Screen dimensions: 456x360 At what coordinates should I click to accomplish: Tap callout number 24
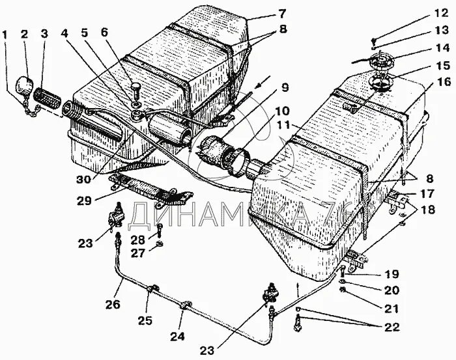tap(178, 337)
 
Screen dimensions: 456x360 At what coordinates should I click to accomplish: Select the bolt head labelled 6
tap(135, 86)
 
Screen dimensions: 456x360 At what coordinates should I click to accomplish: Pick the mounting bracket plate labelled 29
tap(150, 187)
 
